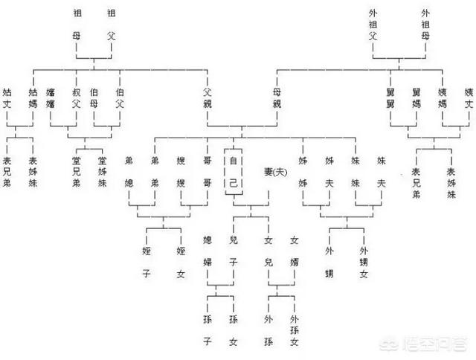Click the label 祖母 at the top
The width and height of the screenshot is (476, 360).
[x=77, y=26]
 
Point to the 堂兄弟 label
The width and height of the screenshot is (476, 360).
[x=76, y=173]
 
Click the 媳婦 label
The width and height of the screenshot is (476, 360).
[x=208, y=251]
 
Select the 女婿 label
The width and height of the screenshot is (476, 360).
[x=294, y=251]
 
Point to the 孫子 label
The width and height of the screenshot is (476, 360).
[x=208, y=330]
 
